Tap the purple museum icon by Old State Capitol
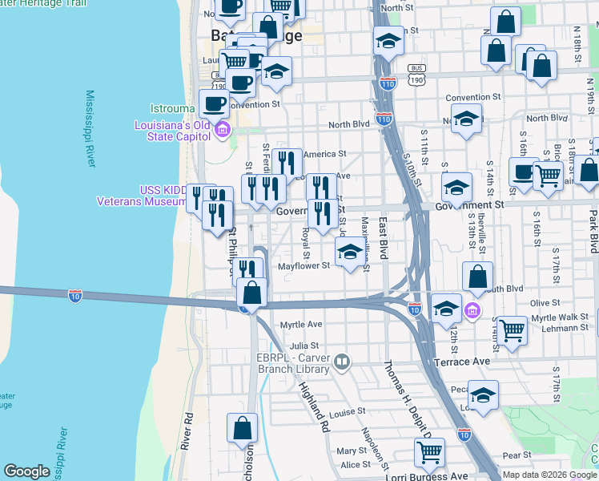223,130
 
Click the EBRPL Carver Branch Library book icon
343,362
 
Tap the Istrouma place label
171,108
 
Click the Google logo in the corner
26,471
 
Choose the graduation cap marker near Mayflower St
349,253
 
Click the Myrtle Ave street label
300,325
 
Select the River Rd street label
187,431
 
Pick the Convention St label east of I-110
472,97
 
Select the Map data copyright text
549,475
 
